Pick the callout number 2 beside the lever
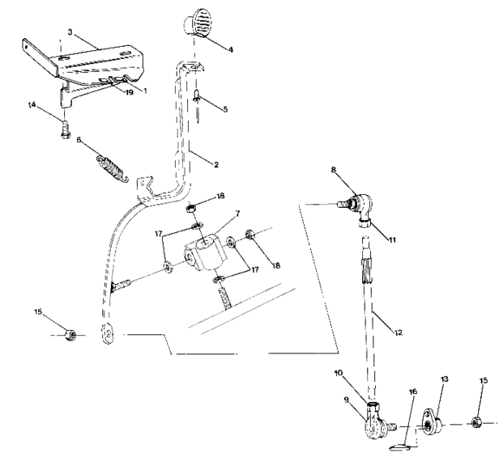coord(216,164)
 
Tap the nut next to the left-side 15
coord(70,335)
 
